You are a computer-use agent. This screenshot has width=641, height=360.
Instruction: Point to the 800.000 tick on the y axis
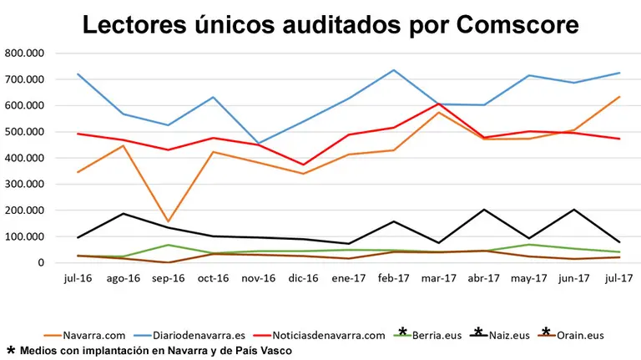[x=24, y=53]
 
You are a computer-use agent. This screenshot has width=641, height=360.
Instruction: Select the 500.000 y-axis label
[x=24, y=132]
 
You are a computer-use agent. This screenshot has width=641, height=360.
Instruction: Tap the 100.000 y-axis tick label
[x=24, y=237]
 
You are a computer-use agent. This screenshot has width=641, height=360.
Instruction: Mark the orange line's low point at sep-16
[x=169, y=222]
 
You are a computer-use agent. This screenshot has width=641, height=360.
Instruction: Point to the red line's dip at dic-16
[x=303, y=165]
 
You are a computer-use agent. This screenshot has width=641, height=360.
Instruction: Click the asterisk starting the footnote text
[x=11, y=350]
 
